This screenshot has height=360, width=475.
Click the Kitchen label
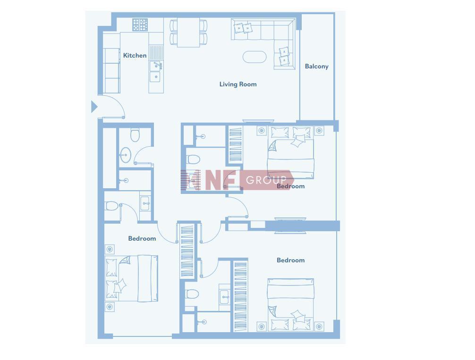tap(135, 55)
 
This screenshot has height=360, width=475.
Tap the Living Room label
tap(238, 84)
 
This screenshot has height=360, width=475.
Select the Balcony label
tap(316, 67)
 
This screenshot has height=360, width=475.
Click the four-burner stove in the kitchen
tap(140, 25)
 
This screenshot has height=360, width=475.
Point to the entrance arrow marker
tap(94, 107)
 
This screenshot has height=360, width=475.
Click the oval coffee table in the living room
tap(254, 57)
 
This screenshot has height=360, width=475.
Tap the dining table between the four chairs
tap(188, 33)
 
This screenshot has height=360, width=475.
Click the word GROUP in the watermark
tap(266, 180)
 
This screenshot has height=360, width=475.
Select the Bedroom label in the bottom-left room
tap(142, 239)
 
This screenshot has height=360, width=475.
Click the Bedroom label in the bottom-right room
tap(291, 260)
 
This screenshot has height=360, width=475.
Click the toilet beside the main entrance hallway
tap(135, 135)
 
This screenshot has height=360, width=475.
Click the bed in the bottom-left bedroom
tap(131, 278)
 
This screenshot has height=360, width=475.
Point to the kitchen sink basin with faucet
tap(155, 66)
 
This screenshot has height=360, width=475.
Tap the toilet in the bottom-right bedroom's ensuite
tap(192, 293)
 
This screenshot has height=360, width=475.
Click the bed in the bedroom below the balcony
tap(290, 153)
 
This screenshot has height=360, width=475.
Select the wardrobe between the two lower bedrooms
tap(187, 251)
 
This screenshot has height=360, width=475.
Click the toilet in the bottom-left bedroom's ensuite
tap(111, 206)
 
